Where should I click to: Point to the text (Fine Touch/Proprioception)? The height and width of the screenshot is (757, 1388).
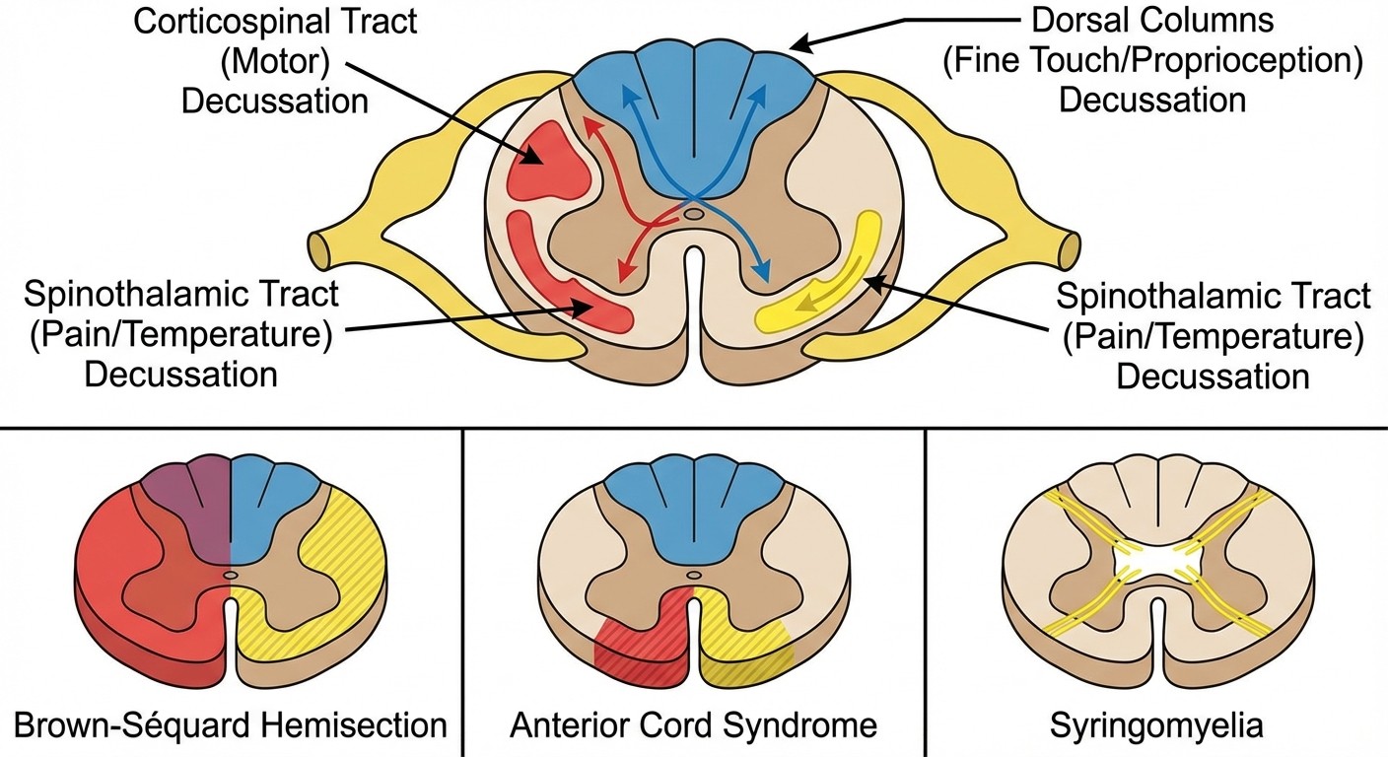pos(1152,60)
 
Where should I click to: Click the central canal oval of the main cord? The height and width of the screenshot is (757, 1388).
pos(694,213)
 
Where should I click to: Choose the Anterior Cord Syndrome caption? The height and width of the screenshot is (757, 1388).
pos(693,726)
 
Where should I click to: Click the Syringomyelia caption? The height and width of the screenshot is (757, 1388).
pos(1155,726)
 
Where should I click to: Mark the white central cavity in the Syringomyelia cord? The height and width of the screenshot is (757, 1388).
pos(1155,565)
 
